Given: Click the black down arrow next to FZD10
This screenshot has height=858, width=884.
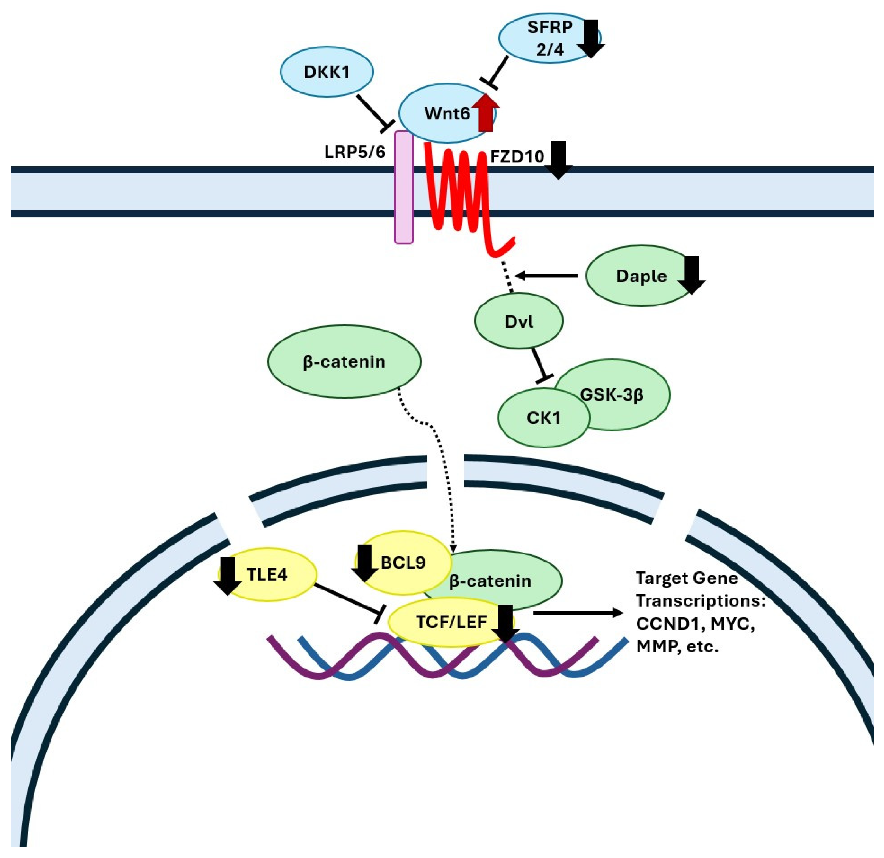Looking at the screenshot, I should [558, 160].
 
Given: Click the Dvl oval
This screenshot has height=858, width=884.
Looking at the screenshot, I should [519, 321].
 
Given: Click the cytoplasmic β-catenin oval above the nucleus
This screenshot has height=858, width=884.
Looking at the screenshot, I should [344, 361].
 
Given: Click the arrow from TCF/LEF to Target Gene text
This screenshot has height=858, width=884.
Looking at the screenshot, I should [577, 612].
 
